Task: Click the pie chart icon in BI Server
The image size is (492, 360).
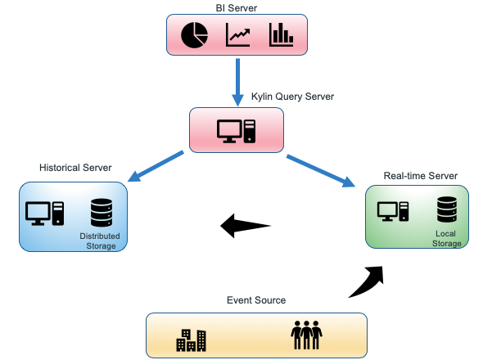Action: click(x=194, y=35)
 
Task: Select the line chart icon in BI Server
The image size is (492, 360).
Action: click(x=237, y=35)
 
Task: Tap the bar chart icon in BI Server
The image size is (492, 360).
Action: click(x=281, y=34)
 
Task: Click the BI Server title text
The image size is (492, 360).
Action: click(x=237, y=8)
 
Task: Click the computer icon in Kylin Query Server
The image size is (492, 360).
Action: click(x=236, y=131)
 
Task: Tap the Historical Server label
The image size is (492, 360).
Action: click(x=75, y=168)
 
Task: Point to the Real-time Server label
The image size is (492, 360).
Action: click(x=420, y=176)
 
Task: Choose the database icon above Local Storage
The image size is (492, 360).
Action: click(x=447, y=209)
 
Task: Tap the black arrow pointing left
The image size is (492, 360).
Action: click(x=246, y=225)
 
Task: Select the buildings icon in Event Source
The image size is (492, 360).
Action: click(x=192, y=340)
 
